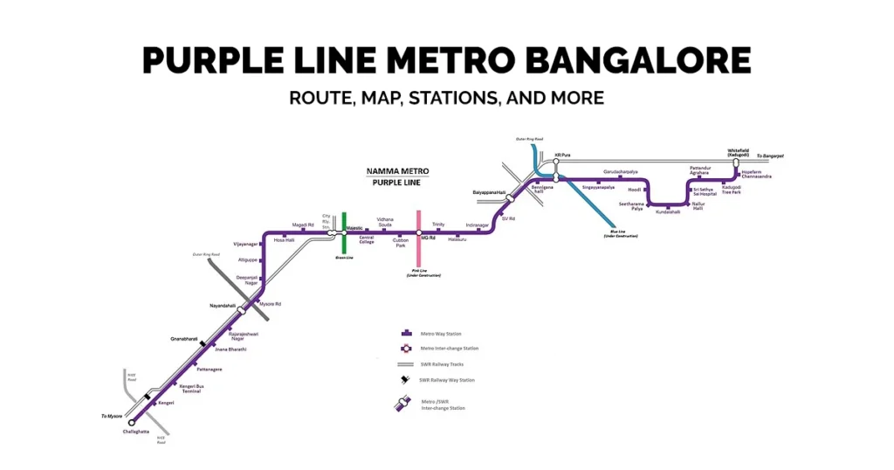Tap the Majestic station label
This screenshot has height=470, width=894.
tap(354, 227)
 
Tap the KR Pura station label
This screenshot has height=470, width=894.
tap(562, 155)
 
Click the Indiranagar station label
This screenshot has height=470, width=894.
tap(478, 225)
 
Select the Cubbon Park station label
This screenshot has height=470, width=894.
tap(401, 243)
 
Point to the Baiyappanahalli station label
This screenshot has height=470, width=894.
tap(489, 191)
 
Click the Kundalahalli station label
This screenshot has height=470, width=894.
tap(668, 211)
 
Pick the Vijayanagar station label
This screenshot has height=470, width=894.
tap(246, 244)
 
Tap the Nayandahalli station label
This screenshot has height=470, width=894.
tap(223, 306)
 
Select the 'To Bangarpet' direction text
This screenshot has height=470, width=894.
tap(770, 156)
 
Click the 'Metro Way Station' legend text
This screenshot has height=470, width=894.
tap(442, 333)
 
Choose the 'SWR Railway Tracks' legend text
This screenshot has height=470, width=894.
tap(444, 363)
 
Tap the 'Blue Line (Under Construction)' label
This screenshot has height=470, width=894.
tap(618, 233)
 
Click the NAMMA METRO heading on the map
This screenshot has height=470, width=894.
tap(395, 171)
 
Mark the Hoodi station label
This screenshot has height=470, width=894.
tap(635, 190)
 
